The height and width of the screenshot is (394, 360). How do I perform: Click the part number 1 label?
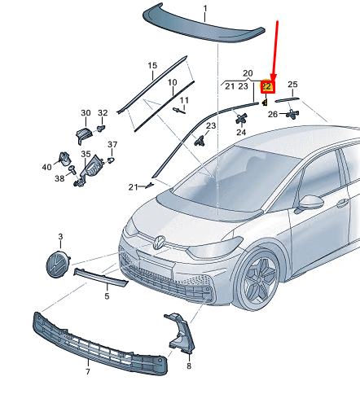tap(205, 9)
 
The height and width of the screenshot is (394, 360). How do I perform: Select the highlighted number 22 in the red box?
tap(266, 86)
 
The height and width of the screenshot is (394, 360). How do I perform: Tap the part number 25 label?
tap(292, 85)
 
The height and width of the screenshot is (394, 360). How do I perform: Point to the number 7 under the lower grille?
tap(88, 372)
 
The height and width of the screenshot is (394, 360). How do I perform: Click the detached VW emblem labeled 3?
tap(58, 264)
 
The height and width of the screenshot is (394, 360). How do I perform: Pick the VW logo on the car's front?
tap(159, 243)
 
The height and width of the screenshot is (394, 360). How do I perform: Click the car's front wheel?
tap(258, 281)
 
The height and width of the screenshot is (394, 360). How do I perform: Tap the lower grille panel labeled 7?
tap(99, 344)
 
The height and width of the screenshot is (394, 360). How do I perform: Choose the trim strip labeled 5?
tap(101, 277)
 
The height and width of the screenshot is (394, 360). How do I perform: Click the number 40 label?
tap(46, 167)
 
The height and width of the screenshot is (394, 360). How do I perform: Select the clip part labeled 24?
tap(241, 118)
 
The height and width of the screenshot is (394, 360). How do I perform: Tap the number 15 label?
tap(152, 65)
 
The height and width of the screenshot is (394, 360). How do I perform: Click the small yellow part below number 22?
tap(265, 103)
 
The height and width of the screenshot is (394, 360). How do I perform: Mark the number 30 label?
tap(86, 113)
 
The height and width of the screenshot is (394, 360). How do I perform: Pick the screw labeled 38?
tap(72, 169)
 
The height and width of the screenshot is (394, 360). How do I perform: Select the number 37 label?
tap(112, 145)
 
